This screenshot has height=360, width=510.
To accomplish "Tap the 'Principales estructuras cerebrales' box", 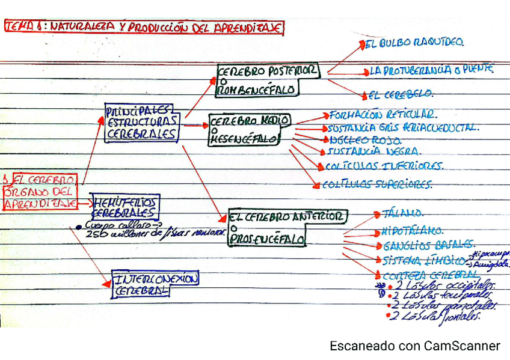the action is point(142,123).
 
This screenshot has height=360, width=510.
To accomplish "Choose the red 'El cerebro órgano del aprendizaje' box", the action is point(40,191).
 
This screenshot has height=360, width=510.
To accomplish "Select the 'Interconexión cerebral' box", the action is point(156,284).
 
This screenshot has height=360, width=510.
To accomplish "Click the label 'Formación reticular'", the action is point(382,114).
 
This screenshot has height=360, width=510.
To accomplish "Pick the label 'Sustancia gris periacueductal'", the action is point(402,127).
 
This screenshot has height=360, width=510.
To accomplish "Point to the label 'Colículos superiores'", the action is point(377,185).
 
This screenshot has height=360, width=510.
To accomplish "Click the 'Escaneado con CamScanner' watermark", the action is point(414,346).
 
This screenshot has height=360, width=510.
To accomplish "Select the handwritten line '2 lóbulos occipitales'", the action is point(446,285).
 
